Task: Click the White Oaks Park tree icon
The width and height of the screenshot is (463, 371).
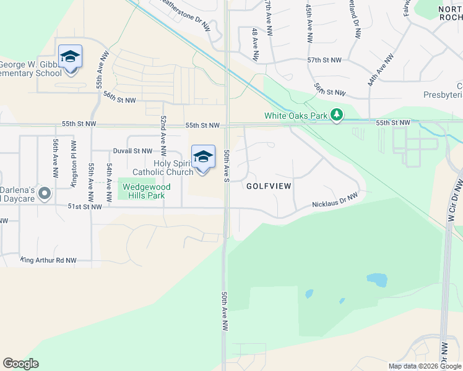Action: [x=336, y=115]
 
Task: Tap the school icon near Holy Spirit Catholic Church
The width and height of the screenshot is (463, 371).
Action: [x=203, y=157]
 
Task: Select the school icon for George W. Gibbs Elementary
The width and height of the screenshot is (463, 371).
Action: [x=70, y=58]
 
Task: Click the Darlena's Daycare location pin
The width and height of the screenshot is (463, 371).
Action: [x=45, y=194]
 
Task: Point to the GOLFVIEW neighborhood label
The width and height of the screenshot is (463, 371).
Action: [x=269, y=185]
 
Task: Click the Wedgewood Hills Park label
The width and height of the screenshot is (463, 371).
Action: [x=142, y=190]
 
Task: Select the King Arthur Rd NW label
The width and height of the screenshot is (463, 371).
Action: [x=48, y=260]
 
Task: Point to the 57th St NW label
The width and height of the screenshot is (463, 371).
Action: [x=324, y=60]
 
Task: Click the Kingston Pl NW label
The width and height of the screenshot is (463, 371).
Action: [x=74, y=160]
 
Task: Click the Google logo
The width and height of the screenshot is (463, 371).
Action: [x=21, y=364]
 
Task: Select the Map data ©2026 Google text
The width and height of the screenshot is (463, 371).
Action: [x=424, y=366]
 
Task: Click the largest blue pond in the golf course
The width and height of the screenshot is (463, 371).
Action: [x=376, y=280]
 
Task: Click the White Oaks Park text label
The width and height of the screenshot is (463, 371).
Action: [x=296, y=115]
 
